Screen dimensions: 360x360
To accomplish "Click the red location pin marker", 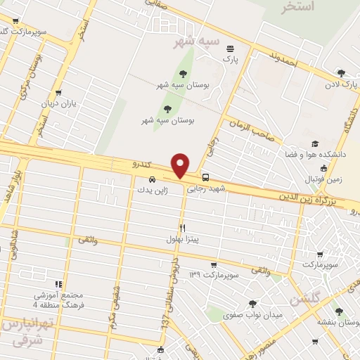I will coord(181,165).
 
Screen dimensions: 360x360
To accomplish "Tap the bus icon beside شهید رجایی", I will coord(205,178).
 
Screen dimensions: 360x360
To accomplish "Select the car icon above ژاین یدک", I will coord(153,178).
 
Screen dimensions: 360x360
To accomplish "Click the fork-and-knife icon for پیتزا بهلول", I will coord(182,227).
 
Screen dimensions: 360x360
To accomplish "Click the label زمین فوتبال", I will coord(323,179).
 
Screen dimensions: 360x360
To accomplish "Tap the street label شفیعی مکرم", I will coord(112,310).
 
